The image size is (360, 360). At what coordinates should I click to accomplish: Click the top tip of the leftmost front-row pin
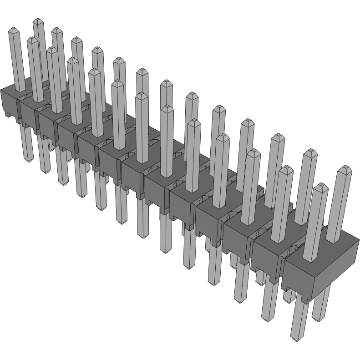(14, 30)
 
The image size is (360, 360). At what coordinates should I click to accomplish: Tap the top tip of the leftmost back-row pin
(38, 20)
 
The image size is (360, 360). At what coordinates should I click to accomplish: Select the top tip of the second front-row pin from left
(32, 40)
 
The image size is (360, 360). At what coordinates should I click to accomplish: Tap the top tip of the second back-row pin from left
(56, 30)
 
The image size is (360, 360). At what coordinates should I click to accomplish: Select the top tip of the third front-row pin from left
(52, 49)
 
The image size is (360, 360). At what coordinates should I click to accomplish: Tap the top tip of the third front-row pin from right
(253, 151)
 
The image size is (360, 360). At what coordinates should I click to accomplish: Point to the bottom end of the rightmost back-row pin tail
(321, 318)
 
